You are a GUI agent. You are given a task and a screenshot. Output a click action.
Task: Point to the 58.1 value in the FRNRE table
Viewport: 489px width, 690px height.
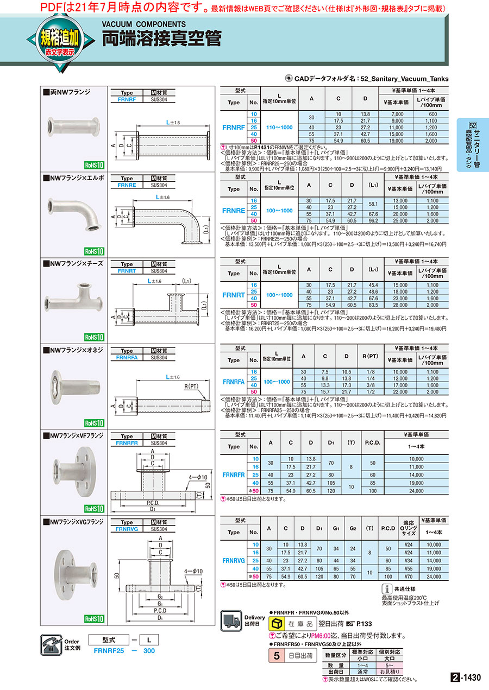[373, 204]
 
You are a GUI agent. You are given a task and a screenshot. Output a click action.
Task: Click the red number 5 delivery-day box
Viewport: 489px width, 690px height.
[276, 656]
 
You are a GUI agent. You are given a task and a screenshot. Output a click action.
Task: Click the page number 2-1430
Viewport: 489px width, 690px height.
[467, 678]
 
